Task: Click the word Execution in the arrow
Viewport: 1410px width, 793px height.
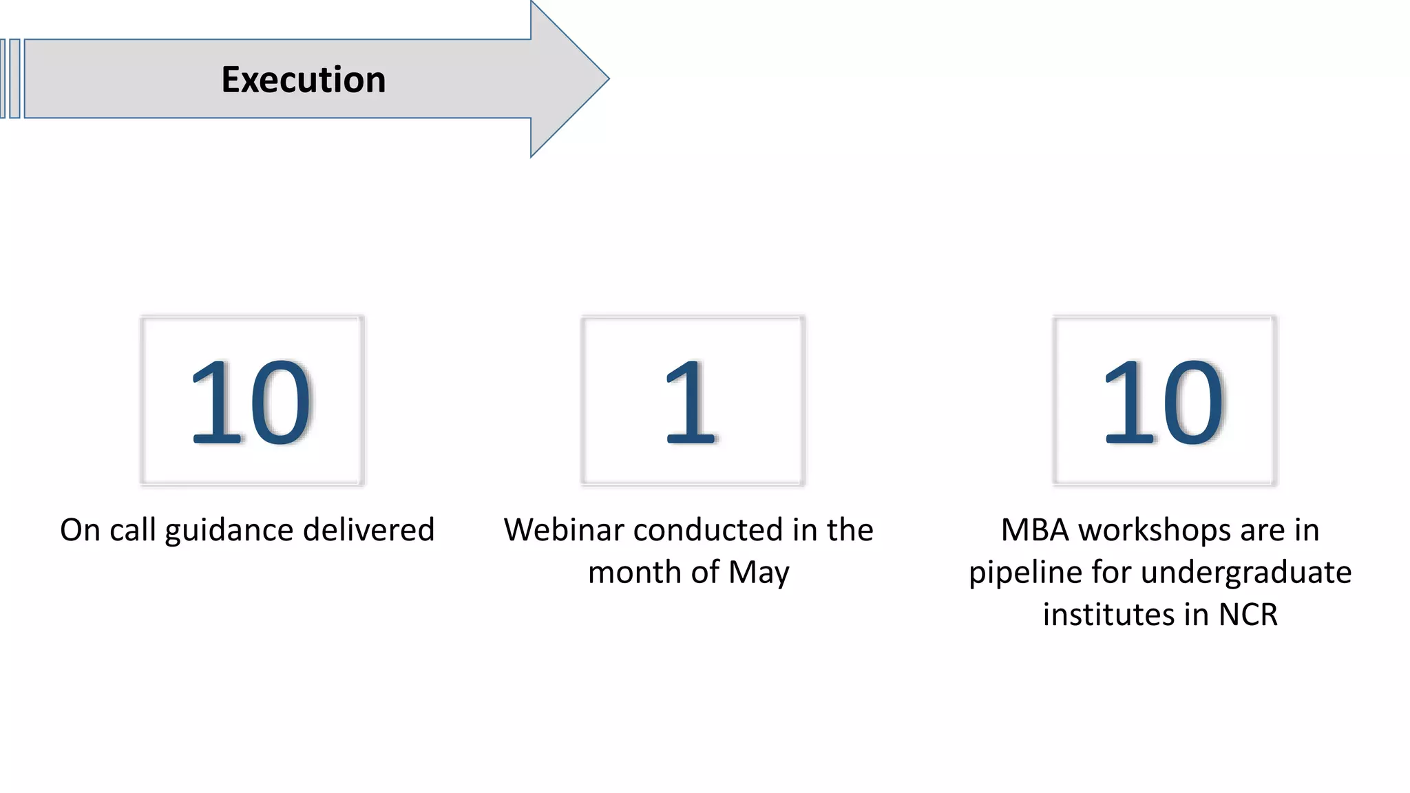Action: coord(303,80)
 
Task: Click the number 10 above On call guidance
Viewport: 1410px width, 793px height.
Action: coord(251,403)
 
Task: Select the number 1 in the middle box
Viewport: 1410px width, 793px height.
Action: coord(691,403)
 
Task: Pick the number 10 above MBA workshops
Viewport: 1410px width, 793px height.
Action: coord(1164,403)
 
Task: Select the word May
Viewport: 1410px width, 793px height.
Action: coord(759,573)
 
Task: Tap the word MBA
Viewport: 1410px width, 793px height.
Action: coord(1035,530)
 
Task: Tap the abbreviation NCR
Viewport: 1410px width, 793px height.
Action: coord(1248,615)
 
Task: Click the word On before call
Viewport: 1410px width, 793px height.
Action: coord(80,530)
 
